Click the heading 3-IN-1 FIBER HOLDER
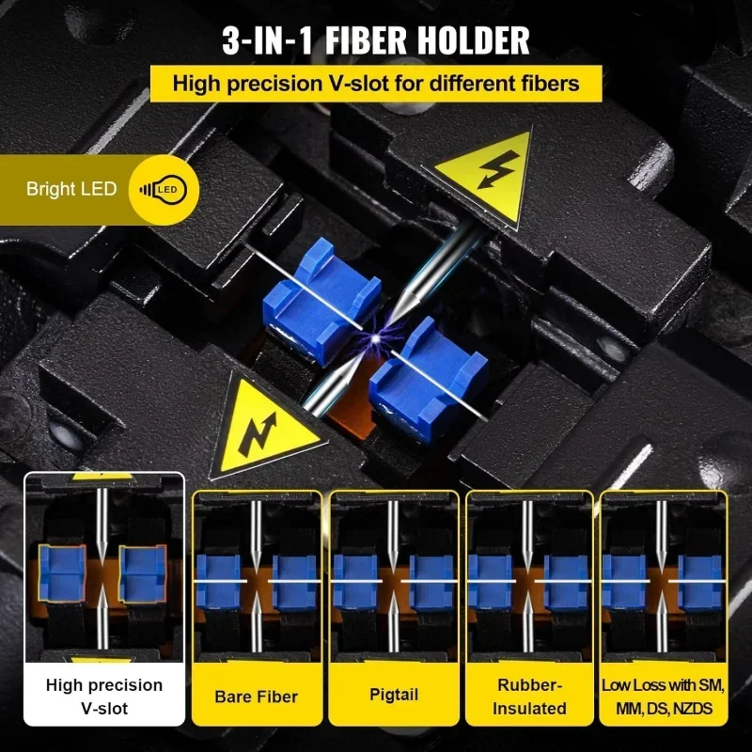click(376, 39)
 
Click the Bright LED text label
click(71, 189)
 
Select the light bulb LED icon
click(163, 189)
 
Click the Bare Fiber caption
click(257, 697)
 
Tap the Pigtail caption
click(394, 696)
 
